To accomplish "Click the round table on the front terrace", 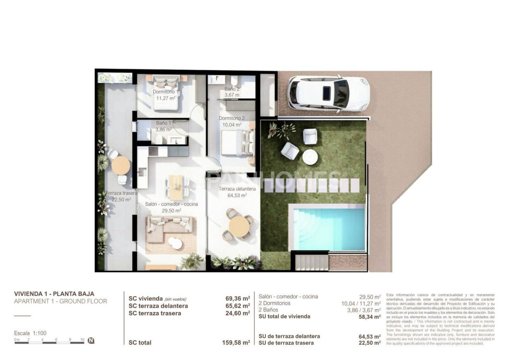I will [239, 226].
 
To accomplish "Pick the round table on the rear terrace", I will [120, 165].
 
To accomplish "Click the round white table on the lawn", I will [310, 157].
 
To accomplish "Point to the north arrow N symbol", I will [91, 340].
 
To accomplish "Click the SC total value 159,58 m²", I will [236, 342].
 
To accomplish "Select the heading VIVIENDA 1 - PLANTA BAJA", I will [54, 294].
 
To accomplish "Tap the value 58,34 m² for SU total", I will [369, 317].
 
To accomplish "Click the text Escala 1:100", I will [30, 333].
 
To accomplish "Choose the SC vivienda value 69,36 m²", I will [237, 298].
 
